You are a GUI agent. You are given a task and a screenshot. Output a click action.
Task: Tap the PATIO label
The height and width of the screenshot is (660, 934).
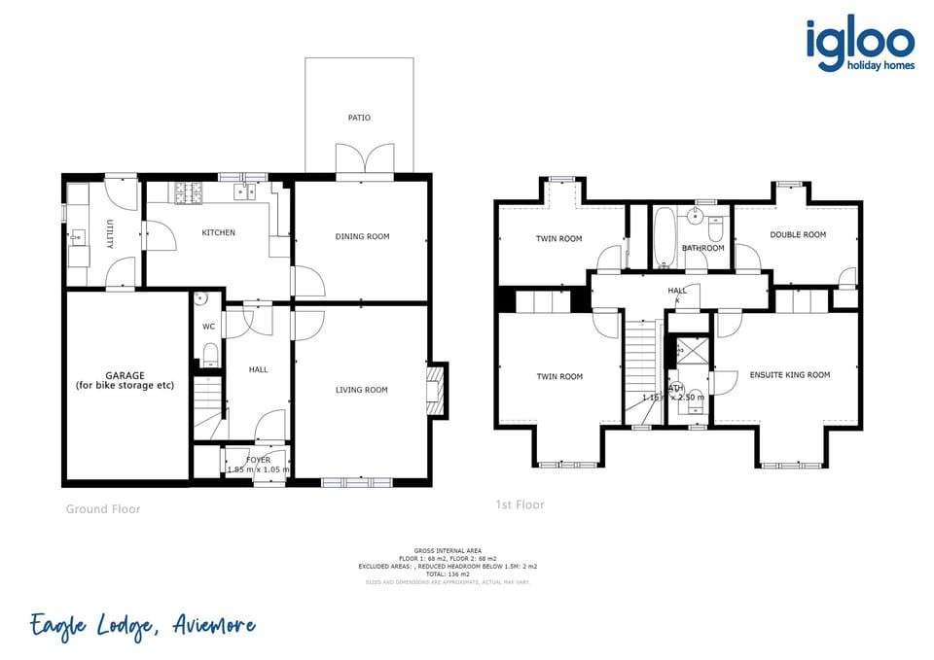[359, 118]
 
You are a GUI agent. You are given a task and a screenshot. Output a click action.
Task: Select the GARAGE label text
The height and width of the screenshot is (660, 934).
[125, 380]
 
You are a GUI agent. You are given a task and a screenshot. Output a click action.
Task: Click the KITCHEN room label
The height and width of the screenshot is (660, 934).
[218, 232]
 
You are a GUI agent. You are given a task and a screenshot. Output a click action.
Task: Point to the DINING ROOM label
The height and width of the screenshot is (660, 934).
[362, 236]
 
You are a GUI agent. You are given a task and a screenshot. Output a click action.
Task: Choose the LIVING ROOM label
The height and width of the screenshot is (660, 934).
[361, 390]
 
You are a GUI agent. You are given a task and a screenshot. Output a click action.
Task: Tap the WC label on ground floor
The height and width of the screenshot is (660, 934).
[208, 327]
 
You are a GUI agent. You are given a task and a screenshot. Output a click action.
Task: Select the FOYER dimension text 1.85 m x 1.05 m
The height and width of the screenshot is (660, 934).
[258, 469]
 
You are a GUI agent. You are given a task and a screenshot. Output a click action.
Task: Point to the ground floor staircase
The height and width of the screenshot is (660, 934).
[208, 406]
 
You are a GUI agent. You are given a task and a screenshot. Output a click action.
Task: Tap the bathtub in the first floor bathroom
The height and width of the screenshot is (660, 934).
[665, 238]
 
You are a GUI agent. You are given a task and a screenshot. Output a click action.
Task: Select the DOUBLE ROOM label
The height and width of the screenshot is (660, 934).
[797, 234]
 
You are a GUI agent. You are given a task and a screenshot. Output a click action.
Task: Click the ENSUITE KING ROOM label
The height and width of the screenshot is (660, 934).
[789, 374]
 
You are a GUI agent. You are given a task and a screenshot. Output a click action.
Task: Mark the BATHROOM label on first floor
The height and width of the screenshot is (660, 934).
[702, 248]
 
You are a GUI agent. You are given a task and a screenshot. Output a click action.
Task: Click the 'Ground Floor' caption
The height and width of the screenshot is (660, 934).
[103, 508]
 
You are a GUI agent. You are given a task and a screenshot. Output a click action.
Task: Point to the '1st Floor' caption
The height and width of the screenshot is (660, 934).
[520, 504]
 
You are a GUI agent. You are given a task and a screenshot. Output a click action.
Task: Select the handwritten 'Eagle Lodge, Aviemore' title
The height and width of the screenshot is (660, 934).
[142, 626]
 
